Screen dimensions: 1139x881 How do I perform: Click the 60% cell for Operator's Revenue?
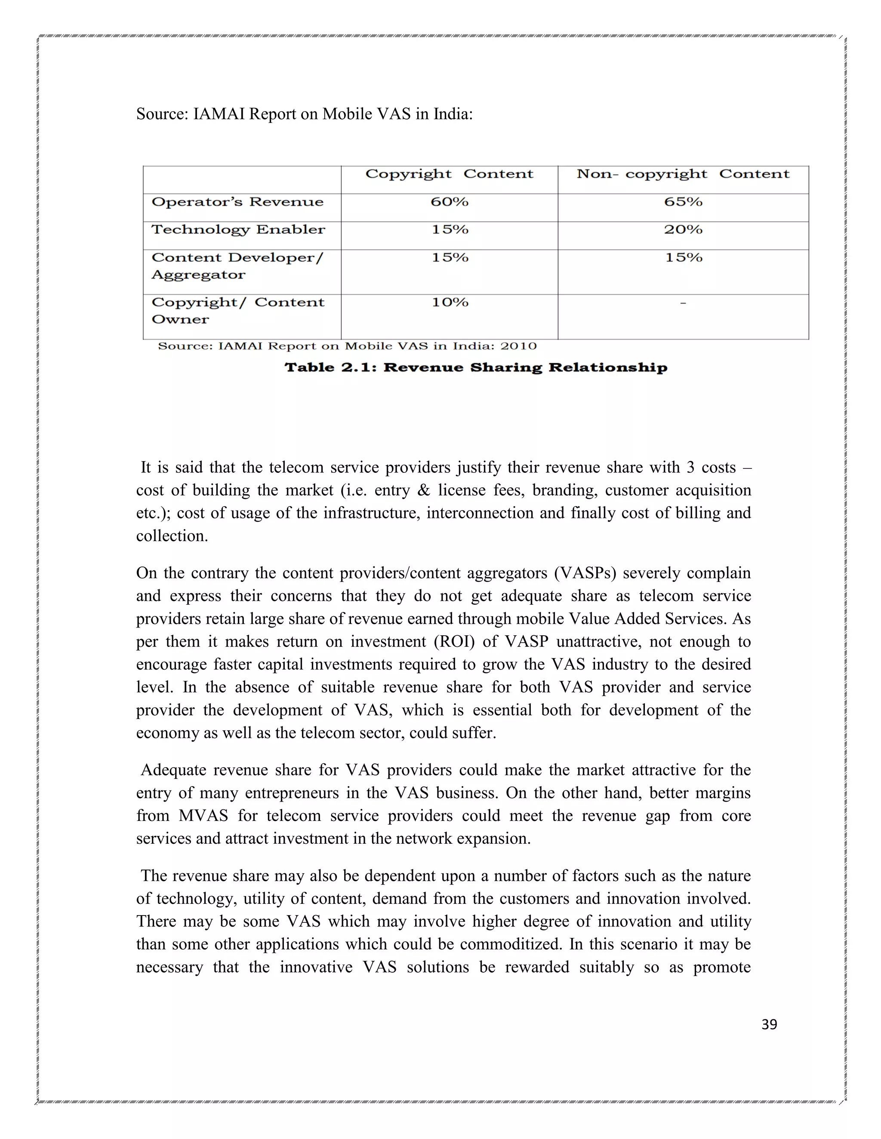tap(450, 202)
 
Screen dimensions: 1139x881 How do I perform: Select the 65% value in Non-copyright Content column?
tap(683, 202)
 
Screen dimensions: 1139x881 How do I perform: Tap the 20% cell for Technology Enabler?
tap(683, 230)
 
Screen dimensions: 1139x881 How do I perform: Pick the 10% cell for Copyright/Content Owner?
tap(450, 303)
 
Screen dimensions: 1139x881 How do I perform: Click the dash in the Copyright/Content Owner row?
tap(683, 303)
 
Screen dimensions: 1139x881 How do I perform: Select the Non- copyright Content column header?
tap(683, 174)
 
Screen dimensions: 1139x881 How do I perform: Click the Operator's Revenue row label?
tap(237, 202)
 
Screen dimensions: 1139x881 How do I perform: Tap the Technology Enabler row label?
tap(238, 230)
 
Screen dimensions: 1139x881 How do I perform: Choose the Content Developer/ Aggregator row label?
tap(237, 266)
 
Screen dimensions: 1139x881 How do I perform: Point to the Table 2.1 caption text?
tap(475, 367)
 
